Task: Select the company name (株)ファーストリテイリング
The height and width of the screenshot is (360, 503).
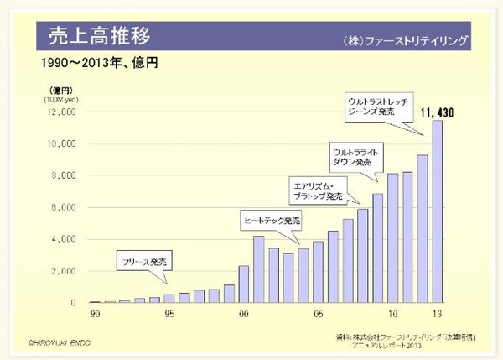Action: [404, 40]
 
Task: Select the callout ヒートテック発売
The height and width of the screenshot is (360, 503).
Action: [271, 221]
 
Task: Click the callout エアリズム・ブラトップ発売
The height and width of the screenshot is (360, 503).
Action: [317, 190]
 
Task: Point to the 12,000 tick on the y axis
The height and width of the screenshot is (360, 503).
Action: [65, 112]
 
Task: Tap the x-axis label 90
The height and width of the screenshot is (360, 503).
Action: [95, 315]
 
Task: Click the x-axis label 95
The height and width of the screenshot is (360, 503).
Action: [169, 315]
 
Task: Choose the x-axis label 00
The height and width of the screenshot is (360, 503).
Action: [243, 315]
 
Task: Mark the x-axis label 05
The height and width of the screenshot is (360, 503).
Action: [318, 315]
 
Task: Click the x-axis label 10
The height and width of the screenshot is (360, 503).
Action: [392, 315]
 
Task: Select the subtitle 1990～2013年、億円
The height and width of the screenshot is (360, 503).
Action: [100, 63]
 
